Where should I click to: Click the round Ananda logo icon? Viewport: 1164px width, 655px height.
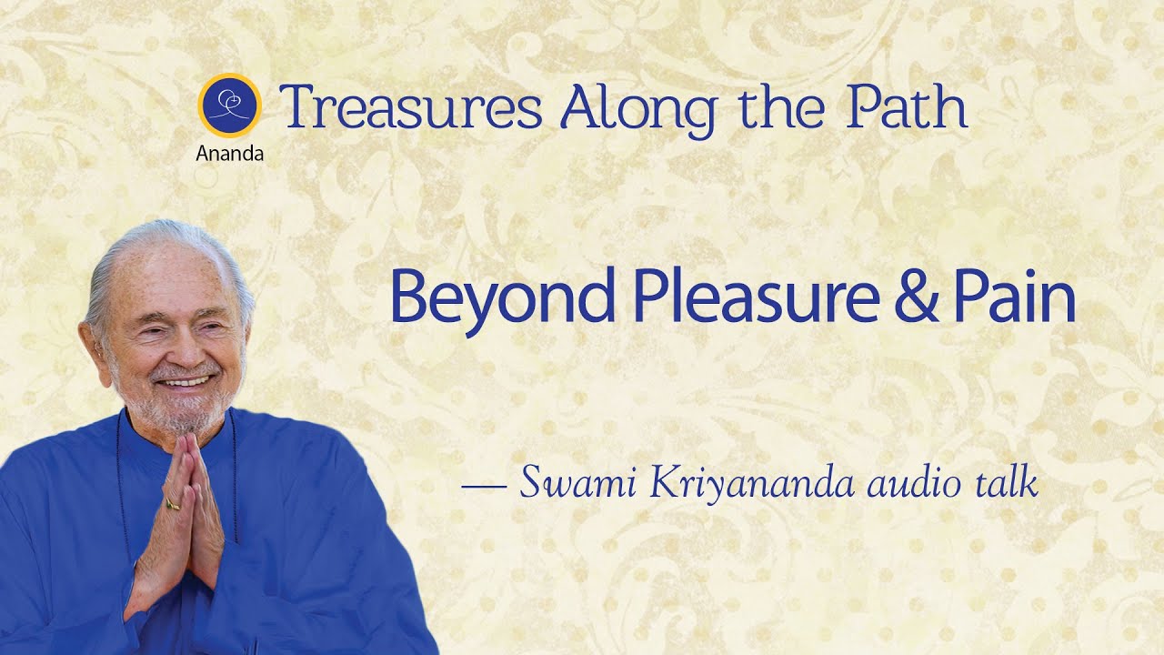coord(230,105)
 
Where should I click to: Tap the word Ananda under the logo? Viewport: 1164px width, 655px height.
coord(230,154)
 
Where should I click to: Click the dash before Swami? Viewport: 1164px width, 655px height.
coord(484,486)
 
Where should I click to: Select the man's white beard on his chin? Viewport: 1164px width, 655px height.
coord(186,414)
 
